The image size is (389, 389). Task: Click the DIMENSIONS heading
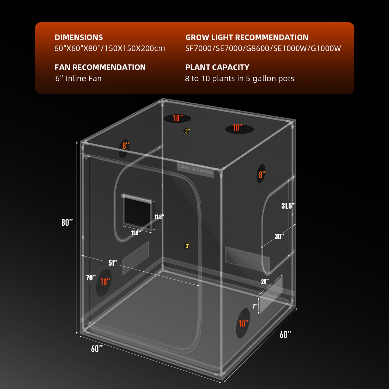[x=79, y=37]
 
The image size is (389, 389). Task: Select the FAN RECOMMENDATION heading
[x=100, y=67]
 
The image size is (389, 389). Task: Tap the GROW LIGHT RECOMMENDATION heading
[x=247, y=37]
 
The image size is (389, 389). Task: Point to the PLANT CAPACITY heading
[x=217, y=67]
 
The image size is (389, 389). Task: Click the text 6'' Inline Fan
[x=78, y=79]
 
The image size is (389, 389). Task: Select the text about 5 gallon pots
[x=239, y=79]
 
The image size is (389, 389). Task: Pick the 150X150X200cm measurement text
[x=135, y=48]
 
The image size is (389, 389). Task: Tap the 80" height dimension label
[x=67, y=222]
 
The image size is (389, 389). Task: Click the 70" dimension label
[x=91, y=278]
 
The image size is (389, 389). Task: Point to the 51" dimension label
[x=113, y=263]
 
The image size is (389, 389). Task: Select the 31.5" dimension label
[x=288, y=206]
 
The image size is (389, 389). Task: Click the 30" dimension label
[x=279, y=237]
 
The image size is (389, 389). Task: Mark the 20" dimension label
[x=265, y=281]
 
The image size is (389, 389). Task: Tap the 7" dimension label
[x=255, y=306]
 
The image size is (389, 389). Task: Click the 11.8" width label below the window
[x=136, y=233]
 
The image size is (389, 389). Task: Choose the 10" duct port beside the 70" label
[x=104, y=282]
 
